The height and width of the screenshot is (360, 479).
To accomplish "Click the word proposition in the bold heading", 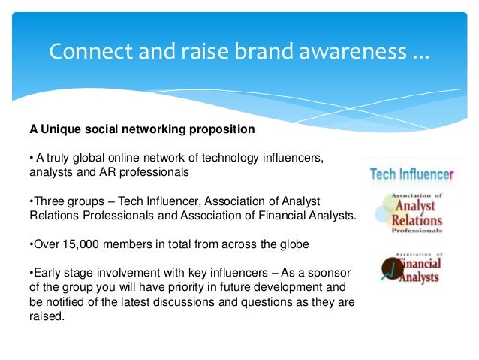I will point(222,129).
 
